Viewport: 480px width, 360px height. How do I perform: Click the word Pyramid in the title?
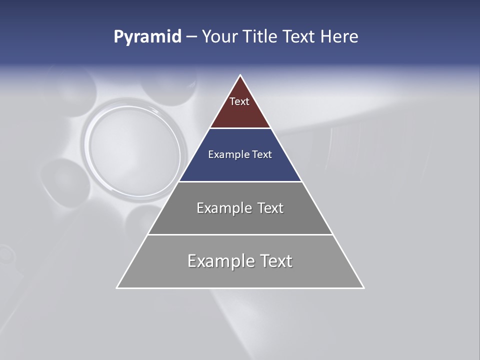147,37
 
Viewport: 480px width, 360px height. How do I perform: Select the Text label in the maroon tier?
239,101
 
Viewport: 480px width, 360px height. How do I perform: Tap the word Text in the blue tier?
262,154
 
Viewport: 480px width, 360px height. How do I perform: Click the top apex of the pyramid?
240,76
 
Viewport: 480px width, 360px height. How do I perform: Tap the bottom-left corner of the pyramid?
117,287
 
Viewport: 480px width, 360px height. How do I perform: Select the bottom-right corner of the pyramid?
363,287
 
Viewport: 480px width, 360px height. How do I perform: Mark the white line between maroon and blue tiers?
240,128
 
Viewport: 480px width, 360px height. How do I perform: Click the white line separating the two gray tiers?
240,234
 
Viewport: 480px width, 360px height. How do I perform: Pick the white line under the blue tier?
240,181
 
